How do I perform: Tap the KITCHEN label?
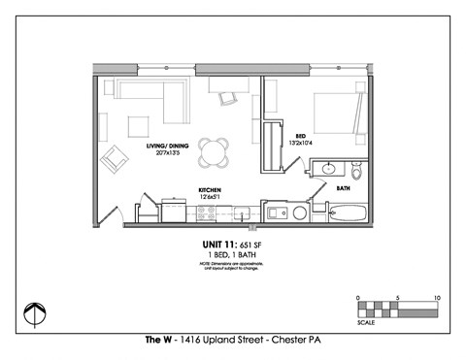[x=212, y=190]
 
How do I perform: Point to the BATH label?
[x=343, y=188]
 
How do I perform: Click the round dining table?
[x=215, y=151]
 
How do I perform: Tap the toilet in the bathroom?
[x=355, y=173]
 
